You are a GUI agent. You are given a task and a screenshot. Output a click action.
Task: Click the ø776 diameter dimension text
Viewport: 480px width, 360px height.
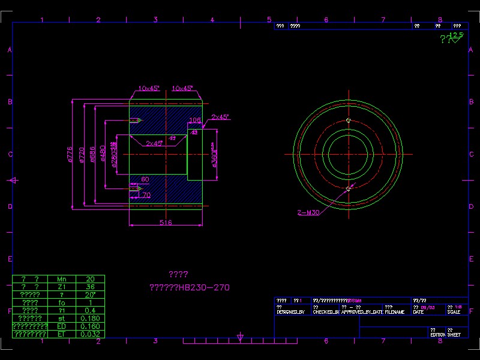70,154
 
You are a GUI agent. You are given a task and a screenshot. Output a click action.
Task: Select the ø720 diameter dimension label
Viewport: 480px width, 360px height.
81,154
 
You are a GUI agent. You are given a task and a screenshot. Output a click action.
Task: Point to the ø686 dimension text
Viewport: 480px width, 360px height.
92,154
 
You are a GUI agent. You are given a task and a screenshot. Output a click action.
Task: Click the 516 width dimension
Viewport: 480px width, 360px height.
166,223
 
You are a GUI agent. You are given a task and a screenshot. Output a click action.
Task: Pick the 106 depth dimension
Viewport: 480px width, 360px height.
195,120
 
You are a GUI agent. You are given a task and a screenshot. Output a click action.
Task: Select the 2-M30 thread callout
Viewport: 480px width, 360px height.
308,212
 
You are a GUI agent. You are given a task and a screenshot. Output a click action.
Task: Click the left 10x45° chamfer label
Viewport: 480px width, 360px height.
149,88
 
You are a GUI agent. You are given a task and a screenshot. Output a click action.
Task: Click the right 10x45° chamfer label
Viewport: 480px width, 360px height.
182,88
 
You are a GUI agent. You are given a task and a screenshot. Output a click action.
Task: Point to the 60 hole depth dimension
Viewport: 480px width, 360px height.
145,179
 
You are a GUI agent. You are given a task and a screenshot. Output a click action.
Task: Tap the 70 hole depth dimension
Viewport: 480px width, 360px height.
146,195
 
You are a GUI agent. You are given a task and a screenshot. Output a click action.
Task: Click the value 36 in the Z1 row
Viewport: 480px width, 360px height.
91,287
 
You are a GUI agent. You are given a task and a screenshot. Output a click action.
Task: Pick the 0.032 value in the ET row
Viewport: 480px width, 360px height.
91,334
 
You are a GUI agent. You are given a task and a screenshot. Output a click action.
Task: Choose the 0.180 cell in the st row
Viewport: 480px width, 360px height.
91,318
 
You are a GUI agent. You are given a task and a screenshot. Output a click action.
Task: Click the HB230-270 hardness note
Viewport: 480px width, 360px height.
189,287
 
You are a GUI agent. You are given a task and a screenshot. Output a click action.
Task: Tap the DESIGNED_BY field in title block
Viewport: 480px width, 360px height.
290,312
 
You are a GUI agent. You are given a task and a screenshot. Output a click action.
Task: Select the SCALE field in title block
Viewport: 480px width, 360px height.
454,312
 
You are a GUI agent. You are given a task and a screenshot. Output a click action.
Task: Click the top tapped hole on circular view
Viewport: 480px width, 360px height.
348,120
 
